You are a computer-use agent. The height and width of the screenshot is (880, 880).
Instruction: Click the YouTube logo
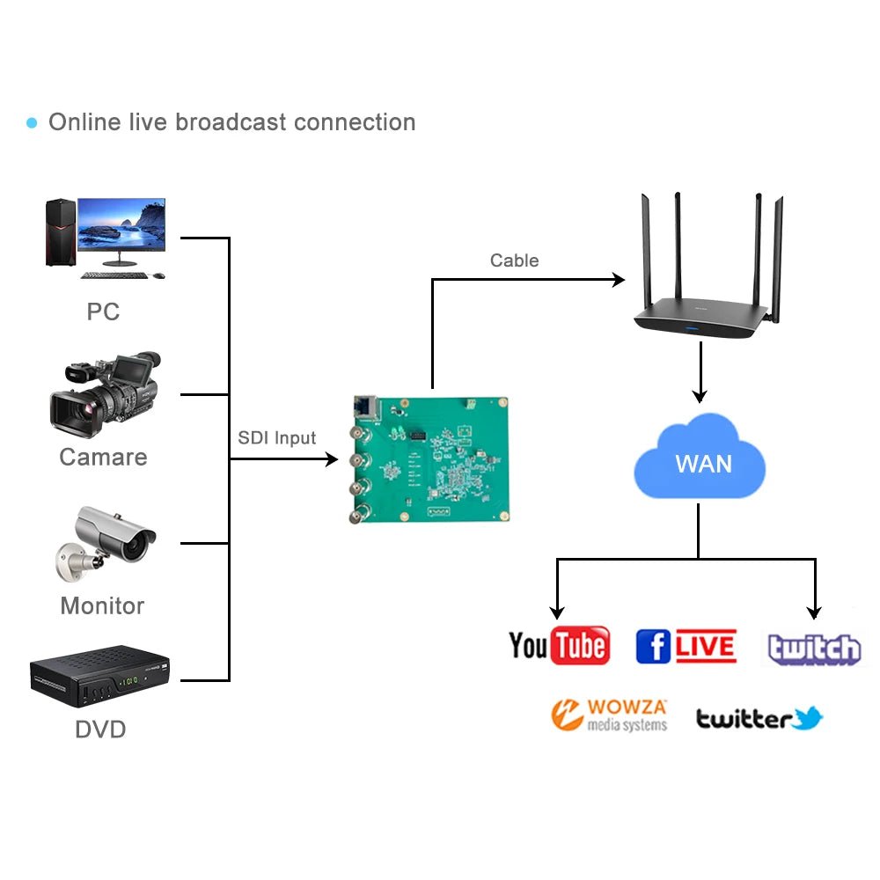tap(560, 646)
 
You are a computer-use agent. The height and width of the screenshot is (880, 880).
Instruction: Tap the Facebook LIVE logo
tap(686, 647)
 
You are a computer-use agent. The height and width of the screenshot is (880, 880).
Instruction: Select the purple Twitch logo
tap(814, 649)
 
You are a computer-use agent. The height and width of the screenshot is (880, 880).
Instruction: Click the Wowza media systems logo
tap(609, 715)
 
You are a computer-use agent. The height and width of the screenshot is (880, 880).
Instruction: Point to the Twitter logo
tap(759, 719)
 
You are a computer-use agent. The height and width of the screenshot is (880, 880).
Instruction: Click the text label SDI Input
tap(276, 438)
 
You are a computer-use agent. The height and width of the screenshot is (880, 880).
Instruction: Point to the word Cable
tap(514, 260)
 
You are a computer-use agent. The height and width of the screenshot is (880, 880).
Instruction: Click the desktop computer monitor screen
tap(121, 225)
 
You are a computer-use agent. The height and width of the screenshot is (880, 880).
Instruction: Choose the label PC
tap(103, 312)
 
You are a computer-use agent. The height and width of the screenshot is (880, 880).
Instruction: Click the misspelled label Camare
tap(103, 457)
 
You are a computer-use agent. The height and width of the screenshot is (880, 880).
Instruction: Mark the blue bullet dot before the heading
tap(33, 122)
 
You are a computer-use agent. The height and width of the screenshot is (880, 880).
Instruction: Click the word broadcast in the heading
tap(231, 121)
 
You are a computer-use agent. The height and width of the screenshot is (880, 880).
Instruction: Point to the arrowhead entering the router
tap(619, 280)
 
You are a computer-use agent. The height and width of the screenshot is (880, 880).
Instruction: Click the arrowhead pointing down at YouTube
tap(556, 612)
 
